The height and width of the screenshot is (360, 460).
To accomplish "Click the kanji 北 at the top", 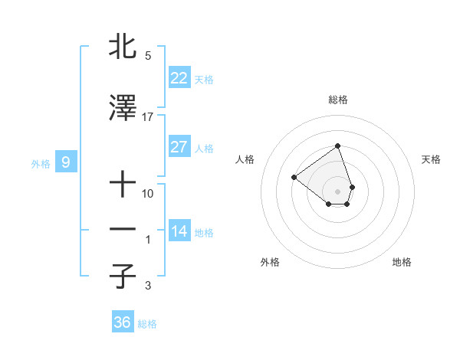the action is coord(123,47).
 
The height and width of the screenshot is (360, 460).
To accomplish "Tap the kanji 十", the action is coord(123,185).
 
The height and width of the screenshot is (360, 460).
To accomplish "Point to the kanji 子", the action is coord(123,277).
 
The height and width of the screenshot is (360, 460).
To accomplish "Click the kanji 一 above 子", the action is coord(123,231).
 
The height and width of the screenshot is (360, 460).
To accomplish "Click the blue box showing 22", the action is coord(179,77).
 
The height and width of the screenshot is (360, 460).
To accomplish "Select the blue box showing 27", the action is coord(179,147).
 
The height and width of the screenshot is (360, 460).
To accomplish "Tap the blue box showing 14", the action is coord(179,231).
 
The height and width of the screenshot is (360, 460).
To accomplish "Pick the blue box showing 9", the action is coord(66,162).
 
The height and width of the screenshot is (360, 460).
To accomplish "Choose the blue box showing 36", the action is coord(123,322).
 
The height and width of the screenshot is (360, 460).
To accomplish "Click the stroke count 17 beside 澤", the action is coord(148,117).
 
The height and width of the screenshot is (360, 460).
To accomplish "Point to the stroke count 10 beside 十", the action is coord(148,194).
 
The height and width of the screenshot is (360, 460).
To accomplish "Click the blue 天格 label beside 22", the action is coord(204,79).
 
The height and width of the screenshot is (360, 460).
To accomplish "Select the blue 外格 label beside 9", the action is coord(41,163).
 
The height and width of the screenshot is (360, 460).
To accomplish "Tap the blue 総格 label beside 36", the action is coord(147,324).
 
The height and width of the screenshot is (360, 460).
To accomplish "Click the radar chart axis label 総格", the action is coord(338,100).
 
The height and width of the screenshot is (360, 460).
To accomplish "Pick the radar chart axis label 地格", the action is coord(402,262).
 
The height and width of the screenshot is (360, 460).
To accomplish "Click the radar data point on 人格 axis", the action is coord(294,177).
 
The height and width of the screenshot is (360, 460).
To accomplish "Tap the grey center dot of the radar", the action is coord(338,191).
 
